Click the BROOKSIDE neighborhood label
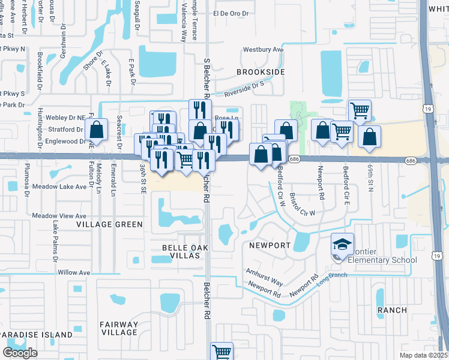click(260, 71)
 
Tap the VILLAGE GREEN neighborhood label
click(110, 224)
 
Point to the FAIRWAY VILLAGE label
click(119, 328)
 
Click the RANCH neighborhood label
click(392, 310)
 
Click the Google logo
click(20, 352)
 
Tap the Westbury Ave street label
click(262, 50)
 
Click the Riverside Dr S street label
click(244, 91)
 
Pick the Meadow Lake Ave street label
click(59, 187)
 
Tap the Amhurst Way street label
click(264, 277)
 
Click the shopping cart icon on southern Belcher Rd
click(221, 352)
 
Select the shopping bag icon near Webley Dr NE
click(96, 129)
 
